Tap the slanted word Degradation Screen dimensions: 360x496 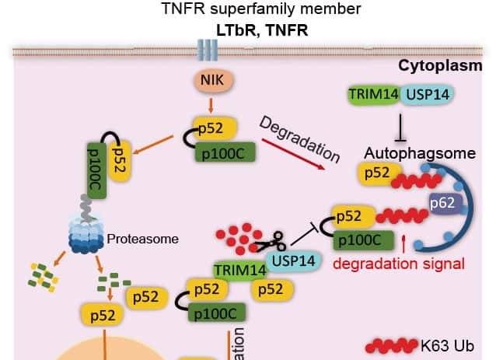(299, 141)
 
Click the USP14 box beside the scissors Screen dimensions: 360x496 (295, 260)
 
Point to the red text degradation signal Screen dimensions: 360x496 (399, 262)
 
